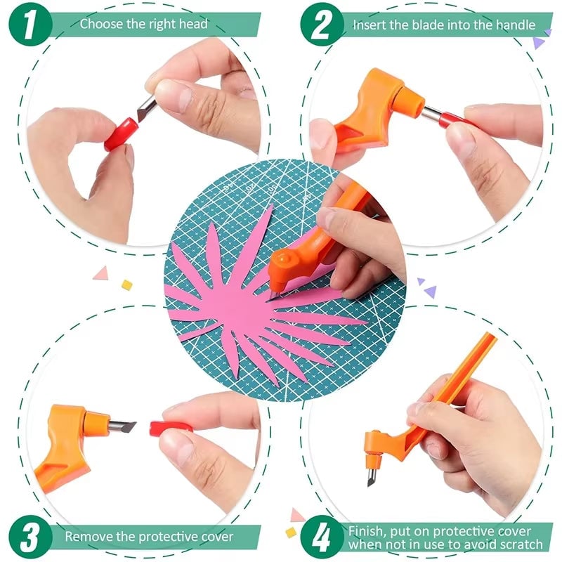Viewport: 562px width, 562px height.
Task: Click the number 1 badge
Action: pyautogui.click(x=29, y=23)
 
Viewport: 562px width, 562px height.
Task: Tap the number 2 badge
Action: pyautogui.click(x=322, y=25)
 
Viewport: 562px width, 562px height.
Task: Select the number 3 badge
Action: pyautogui.click(x=29, y=537)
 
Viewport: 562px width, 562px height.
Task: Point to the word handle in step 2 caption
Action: pyautogui.click(x=514, y=25)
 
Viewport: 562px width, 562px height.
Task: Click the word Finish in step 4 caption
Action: pyautogui.click(x=367, y=530)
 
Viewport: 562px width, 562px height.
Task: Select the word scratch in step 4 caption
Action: pyautogui.click(x=519, y=544)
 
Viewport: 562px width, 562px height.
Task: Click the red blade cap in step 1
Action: pyautogui.click(x=121, y=134)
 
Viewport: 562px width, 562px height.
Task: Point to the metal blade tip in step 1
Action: pyautogui.click(x=146, y=106)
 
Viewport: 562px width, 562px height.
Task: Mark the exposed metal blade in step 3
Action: pyautogui.click(x=122, y=424)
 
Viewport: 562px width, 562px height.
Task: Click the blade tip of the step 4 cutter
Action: pyautogui.click(x=370, y=478)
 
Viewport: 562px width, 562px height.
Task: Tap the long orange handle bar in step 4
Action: pyautogui.click(x=464, y=383)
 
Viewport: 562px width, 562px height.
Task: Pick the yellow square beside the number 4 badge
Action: pyautogui.click(x=291, y=532)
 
